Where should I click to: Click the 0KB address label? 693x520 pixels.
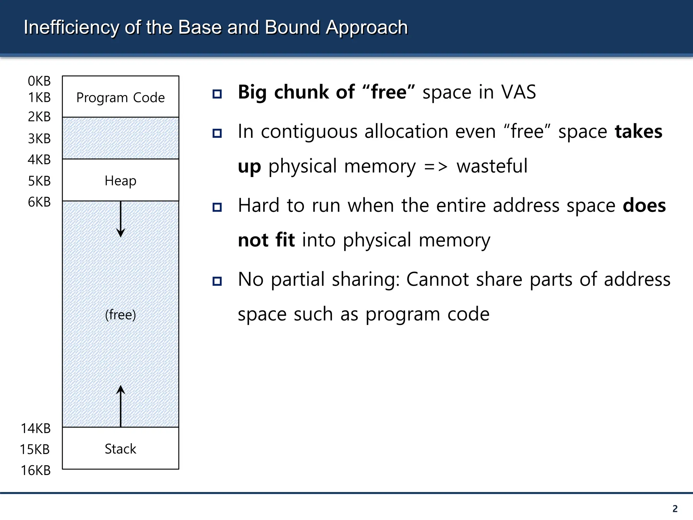39,81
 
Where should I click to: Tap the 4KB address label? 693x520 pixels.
39,159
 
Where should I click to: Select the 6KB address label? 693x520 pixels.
39,202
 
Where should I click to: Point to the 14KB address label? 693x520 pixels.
36,429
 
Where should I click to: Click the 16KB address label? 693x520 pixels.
36,471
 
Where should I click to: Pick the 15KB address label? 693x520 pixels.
35,450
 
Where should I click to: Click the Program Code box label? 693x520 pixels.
120,98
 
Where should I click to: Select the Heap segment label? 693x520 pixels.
120,181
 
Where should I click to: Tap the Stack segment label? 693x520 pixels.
120,449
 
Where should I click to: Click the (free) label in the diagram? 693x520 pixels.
120,315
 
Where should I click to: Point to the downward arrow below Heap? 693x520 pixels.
121,220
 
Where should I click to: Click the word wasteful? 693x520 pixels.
492,166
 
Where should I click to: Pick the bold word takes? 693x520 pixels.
639,132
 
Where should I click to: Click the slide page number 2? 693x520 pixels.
675,508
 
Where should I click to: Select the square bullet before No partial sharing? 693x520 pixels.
217,281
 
